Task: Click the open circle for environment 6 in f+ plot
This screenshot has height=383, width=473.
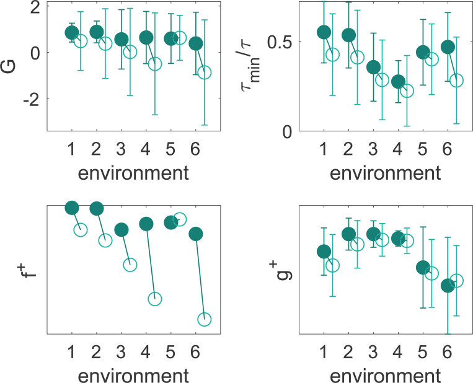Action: (x=204, y=319)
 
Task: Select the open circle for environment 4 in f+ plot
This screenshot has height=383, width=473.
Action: (x=154, y=299)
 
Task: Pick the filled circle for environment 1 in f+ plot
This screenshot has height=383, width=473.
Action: (x=72, y=208)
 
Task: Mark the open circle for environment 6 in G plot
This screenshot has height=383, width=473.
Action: (x=204, y=73)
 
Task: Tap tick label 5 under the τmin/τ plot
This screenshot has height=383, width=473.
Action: (x=423, y=149)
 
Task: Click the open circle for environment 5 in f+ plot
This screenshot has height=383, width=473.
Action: (x=180, y=219)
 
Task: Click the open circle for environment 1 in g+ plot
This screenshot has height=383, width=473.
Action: (x=332, y=265)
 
